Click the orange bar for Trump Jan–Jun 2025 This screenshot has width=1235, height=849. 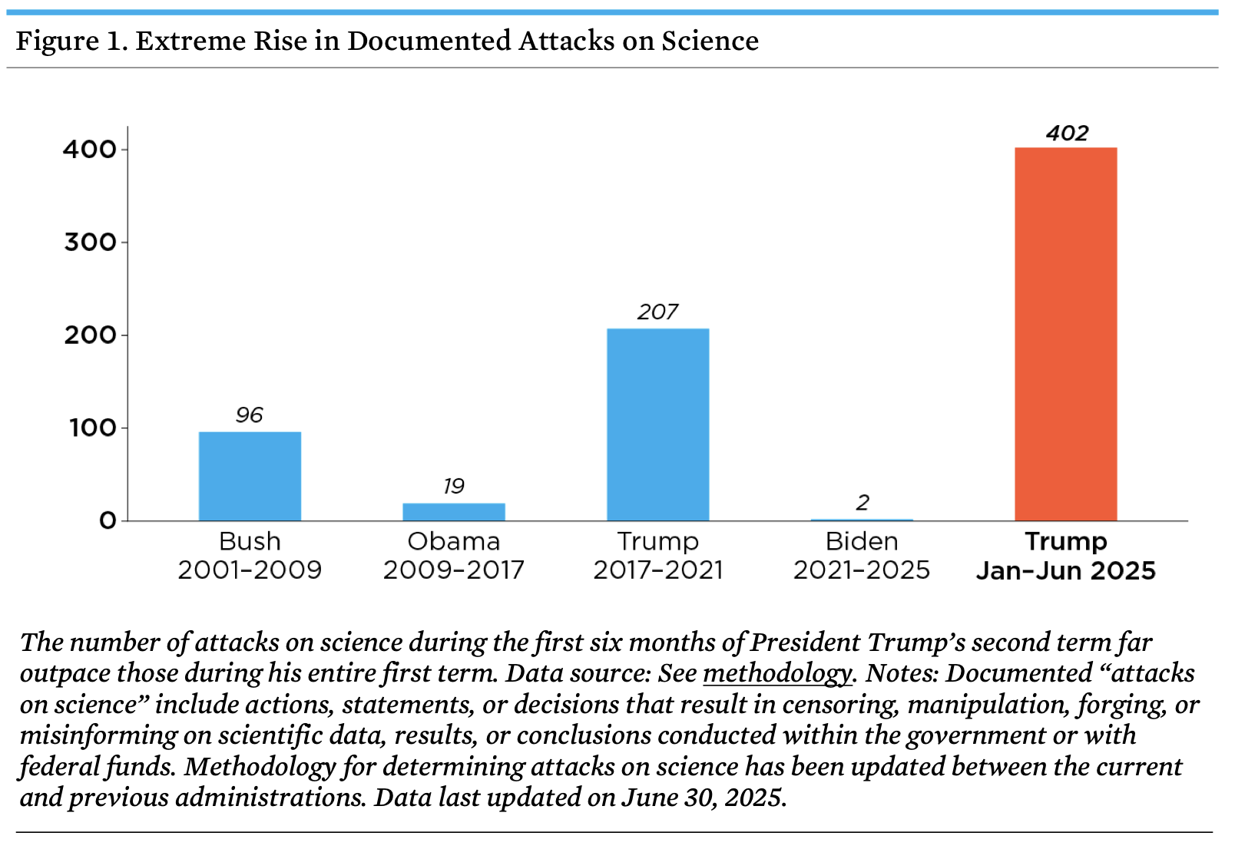(1066, 334)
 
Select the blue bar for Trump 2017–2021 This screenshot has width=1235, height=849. (657, 424)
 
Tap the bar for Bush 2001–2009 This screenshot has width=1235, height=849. (250, 476)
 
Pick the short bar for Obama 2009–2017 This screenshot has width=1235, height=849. (454, 512)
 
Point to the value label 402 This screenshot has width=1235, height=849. (1067, 134)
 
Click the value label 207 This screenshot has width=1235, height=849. (657, 312)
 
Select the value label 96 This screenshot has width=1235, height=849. (249, 415)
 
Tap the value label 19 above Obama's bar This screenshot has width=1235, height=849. (454, 486)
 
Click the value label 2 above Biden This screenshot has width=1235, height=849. (863, 503)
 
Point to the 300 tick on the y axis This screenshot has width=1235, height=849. (91, 243)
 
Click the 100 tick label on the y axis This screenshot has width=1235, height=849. (93, 428)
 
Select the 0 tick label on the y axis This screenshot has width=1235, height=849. (108, 520)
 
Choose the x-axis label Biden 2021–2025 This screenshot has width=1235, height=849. (862, 556)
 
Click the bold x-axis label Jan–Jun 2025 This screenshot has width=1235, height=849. (1066, 571)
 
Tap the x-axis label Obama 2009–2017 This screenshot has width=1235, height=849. (454, 556)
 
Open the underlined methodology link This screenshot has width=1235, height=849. (777, 674)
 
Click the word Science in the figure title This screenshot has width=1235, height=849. (710, 41)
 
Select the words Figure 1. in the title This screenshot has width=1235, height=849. (72, 41)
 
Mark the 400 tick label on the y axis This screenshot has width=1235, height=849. (89, 150)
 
